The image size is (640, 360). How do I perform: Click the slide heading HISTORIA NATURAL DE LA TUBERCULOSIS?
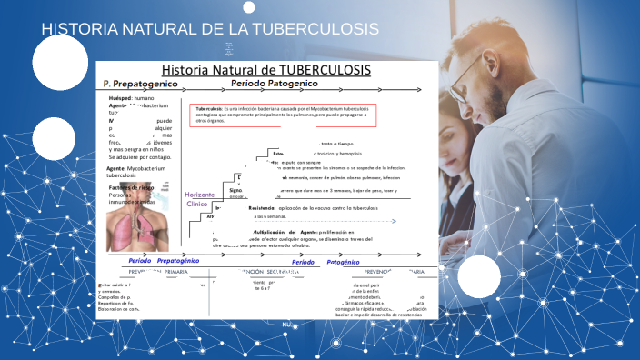click(x=210, y=29)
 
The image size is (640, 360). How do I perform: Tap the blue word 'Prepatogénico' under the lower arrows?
click(x=178, y=261)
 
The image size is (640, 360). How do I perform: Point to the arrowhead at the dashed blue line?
click(x=394, y=221)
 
